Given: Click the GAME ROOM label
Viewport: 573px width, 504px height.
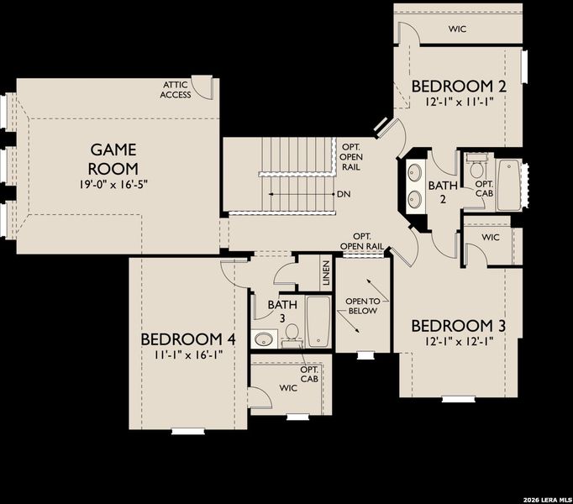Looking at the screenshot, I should click(x=113, y=158).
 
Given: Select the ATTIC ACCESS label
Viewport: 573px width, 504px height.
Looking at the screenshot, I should click(x=176, y=90).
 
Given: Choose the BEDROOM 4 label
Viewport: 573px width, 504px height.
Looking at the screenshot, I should click(x=187, y=339).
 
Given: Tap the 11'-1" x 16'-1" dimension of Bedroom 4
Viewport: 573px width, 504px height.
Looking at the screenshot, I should click(x=187, y=355).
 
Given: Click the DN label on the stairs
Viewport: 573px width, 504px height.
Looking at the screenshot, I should click(x=344, y=195).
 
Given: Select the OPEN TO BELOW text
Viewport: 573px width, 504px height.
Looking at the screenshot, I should click(x=362, y=306).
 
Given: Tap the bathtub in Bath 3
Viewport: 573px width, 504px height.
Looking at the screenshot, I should click(x=318, y=321).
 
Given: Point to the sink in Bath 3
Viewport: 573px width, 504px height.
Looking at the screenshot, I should click(x=265, y=339).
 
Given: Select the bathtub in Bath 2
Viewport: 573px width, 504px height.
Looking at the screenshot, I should click(x=509, y=184).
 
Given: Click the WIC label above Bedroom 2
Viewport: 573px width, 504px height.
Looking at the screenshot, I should click(x=457, y=28).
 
